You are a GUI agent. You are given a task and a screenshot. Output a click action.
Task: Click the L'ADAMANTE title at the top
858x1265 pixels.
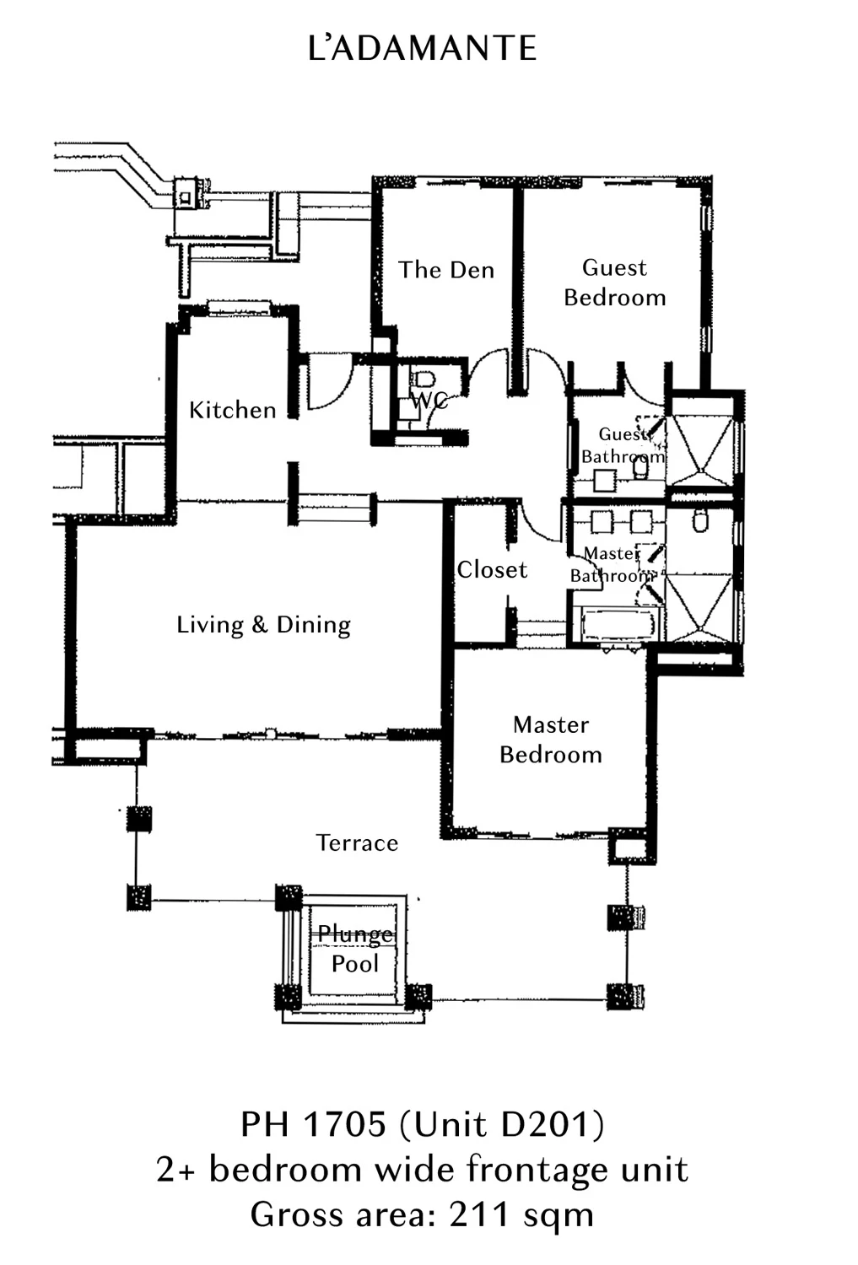pyautogui.click(x=423, y=48)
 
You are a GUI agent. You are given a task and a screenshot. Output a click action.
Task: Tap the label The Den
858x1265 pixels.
pyautogui.click(x=446, y=270)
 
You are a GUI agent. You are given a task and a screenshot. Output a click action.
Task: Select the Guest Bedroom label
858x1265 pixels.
pyautogui.click(x=615, y=283)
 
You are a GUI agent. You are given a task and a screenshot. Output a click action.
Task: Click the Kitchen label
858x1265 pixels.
pyautogui.click(x=232, y=410)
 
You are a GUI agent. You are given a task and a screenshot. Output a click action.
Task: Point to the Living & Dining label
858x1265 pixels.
pyautogui.click(x=264, y=625)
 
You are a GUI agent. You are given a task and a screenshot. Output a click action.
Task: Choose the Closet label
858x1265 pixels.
pyautogui.click(x=492, y=570)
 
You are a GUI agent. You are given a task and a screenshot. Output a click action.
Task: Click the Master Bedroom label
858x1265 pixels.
pyautogui.click(x=551, y=740)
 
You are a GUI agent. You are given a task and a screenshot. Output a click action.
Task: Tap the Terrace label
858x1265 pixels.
pyautogui.click(x=357, y=843)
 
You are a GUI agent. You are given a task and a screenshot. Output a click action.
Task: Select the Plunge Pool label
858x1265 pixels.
pyautogui.click(x=355, y=949)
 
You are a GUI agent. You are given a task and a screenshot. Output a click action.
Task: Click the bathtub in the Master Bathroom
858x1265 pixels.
pyautogui.click(x=617, y=624)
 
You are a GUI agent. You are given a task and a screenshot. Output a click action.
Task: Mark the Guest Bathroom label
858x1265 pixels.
pyautogui.click(x=623, y=445)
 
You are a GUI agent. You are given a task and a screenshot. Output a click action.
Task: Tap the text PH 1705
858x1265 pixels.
pyautogui.click(x=314, y=1124)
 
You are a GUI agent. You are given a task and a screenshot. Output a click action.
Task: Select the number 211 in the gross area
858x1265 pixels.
pyautogui.click(x=480, y=1215)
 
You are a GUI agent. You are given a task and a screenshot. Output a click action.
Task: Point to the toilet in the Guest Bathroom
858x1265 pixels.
pyautogui.click(x=640, y=467)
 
